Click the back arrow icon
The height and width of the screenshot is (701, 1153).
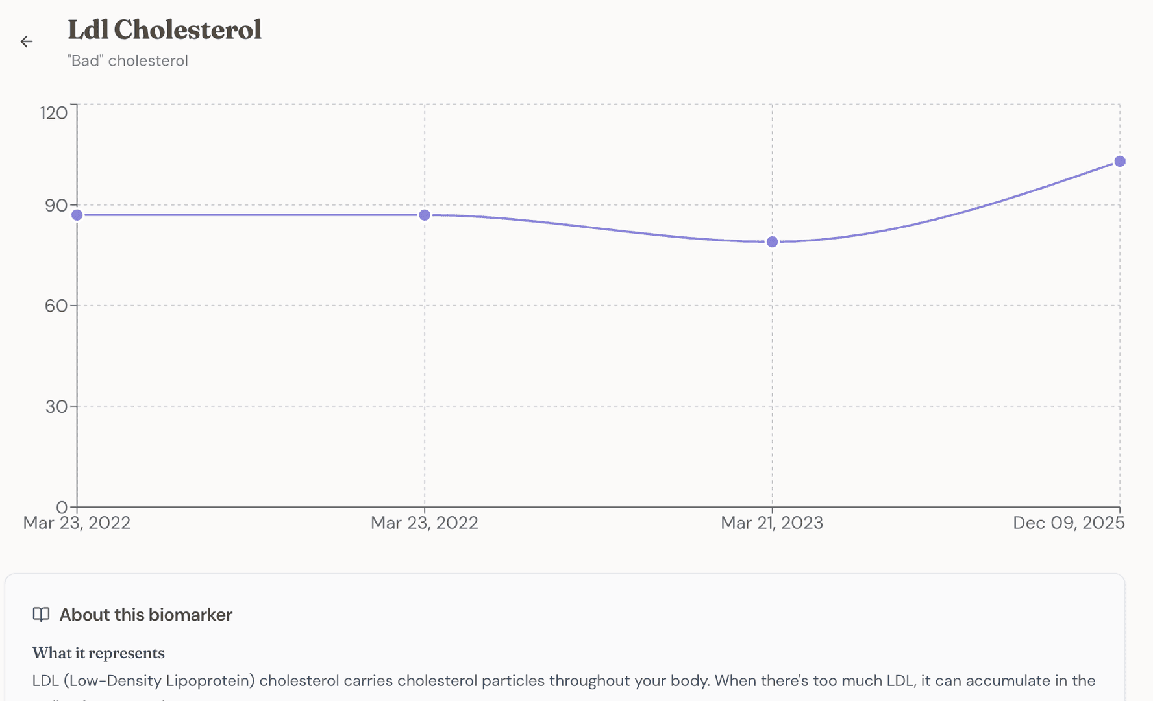tap(27, 42)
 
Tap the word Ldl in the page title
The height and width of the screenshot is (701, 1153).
tap(88, 30)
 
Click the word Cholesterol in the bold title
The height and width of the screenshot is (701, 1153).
tap(188, 30)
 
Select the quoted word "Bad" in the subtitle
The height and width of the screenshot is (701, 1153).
tap(85, 61)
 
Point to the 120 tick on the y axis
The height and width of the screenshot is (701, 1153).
tap(54, 113)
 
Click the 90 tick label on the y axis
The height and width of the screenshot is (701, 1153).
tap(56, 206)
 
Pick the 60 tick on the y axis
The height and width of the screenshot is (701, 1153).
tap(56, 306)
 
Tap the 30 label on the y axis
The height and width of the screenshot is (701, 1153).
tap(56, 407)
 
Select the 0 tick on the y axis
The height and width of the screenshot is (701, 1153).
tap(62, 507)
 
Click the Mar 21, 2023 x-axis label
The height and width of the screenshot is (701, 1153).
tap(771, 523)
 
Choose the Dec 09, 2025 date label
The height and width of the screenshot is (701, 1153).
tap(1068, 523)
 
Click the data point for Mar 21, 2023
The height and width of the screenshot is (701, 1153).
tap(772, 242)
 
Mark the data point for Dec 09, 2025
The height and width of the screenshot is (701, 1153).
tap(1120, 162)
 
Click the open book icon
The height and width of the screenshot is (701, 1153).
tap(42, 615)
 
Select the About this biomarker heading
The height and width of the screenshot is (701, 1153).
tap(145, 615)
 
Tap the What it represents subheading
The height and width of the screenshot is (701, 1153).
tap(99, 653)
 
